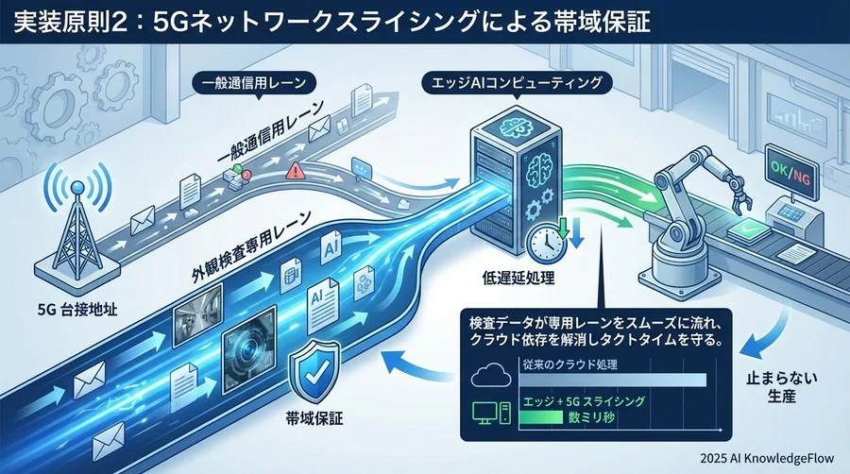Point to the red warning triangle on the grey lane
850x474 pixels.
tap(296, 171)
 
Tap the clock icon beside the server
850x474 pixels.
tap(547, 243)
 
